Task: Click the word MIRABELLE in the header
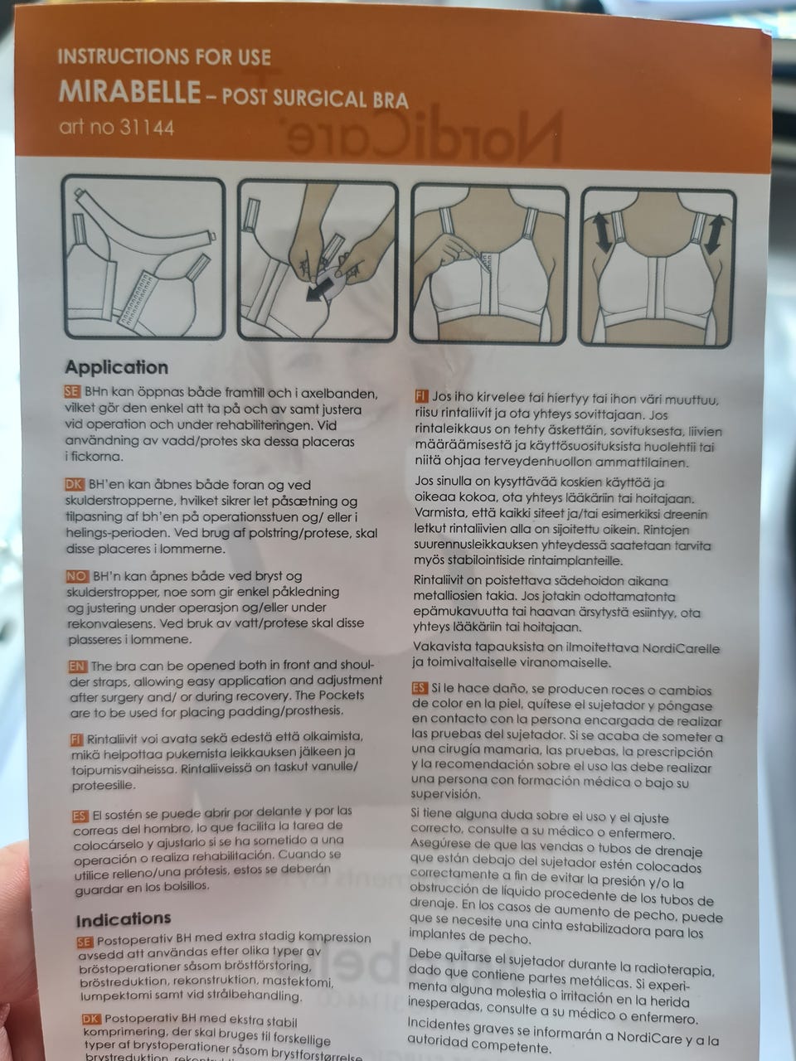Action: coord(129,91)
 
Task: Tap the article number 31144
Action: coord(147,128)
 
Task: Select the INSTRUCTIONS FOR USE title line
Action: coord(164,57)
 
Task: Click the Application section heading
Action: coord(117,367)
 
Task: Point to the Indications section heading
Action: coord(124,919)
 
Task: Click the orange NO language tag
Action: coord(77,576)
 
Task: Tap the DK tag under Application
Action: coord(75,484)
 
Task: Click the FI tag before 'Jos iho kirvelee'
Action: coord(421,397)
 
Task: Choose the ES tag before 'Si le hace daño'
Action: coord(419,688)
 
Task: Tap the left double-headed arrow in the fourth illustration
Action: coord(602,232)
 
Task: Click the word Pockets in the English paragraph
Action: coord(340,696)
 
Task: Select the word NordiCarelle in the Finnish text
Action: coord(681,648)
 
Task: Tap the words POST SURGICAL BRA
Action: coord(315,98)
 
